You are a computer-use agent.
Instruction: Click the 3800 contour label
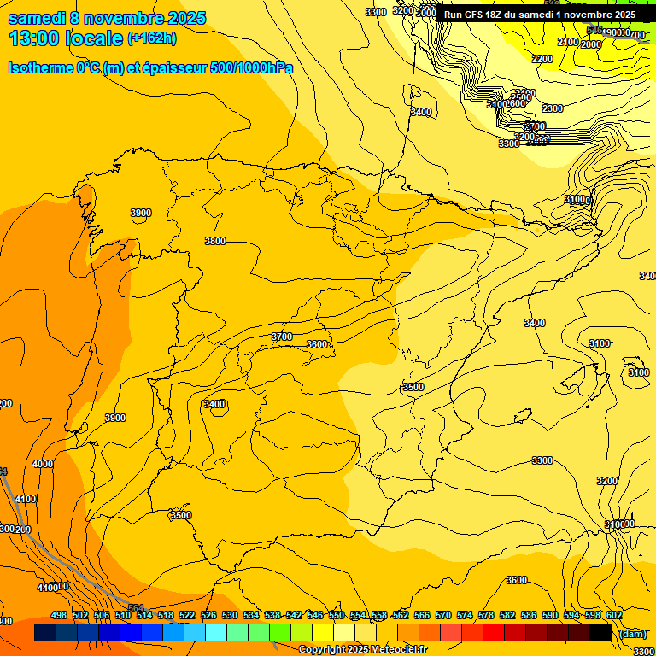pos(215,242)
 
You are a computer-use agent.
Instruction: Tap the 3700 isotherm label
pos(282,337)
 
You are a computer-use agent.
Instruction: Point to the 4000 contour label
pos(43,464)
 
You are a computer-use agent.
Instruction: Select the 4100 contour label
pos(26,500)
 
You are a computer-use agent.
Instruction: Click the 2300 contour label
pos(553,108)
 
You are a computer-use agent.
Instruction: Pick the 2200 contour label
pos(542,59)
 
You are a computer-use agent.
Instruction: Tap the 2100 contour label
pos(568,42)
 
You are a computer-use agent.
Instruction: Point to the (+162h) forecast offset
pos(151,38)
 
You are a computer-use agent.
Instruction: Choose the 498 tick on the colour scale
pos(59,615)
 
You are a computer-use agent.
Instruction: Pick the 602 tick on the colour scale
pos(614,615)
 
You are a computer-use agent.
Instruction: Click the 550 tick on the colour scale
pos(337,615)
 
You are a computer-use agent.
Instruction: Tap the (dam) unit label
pos(633,633)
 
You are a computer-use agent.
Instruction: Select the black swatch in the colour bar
pos(600,633)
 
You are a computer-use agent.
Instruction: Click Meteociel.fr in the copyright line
pos(397,650)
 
